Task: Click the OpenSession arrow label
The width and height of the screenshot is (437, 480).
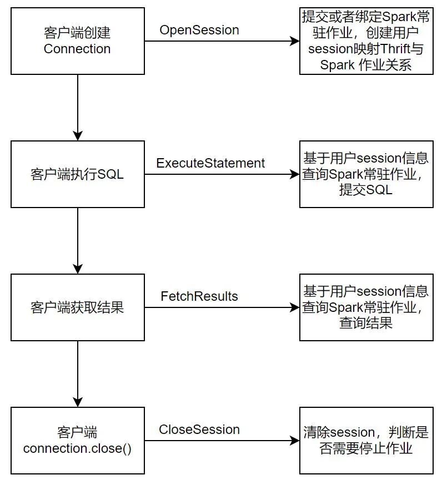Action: (x=199, y=30)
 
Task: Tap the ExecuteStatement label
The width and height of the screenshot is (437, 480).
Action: (x=210, y=163)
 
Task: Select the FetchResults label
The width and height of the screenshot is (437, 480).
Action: (x=199, y=296)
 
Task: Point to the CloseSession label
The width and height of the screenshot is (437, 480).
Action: (x=199, y=430)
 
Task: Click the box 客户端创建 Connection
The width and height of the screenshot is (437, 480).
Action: (x=77, y=41)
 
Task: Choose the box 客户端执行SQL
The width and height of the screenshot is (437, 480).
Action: (x=77, y=174)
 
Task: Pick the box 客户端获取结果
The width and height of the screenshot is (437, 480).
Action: (x=77, y=307)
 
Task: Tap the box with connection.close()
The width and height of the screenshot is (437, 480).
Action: (x=77, y=441)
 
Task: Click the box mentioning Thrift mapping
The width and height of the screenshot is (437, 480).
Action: (x=366, y=41)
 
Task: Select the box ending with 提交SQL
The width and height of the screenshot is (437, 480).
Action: (x=366, y=174)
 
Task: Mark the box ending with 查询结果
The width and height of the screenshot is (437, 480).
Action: (x=366, y=307)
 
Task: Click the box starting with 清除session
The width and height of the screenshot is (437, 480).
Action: (x=366, y=441)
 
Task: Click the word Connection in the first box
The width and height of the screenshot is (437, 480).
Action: (x=77, y=49)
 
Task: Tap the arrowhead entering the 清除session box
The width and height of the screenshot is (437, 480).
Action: (x=295, y=441)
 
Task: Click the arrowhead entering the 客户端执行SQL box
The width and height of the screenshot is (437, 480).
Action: (x=78, y=136)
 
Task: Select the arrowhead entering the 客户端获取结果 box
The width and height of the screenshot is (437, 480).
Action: (x=78, y=269)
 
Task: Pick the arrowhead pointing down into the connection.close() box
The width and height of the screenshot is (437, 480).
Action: (x=78, y=402)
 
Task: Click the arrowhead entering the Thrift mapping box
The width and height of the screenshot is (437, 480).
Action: (x=295, y=41)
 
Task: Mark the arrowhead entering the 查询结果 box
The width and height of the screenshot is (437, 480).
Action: (x=295, y=307)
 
